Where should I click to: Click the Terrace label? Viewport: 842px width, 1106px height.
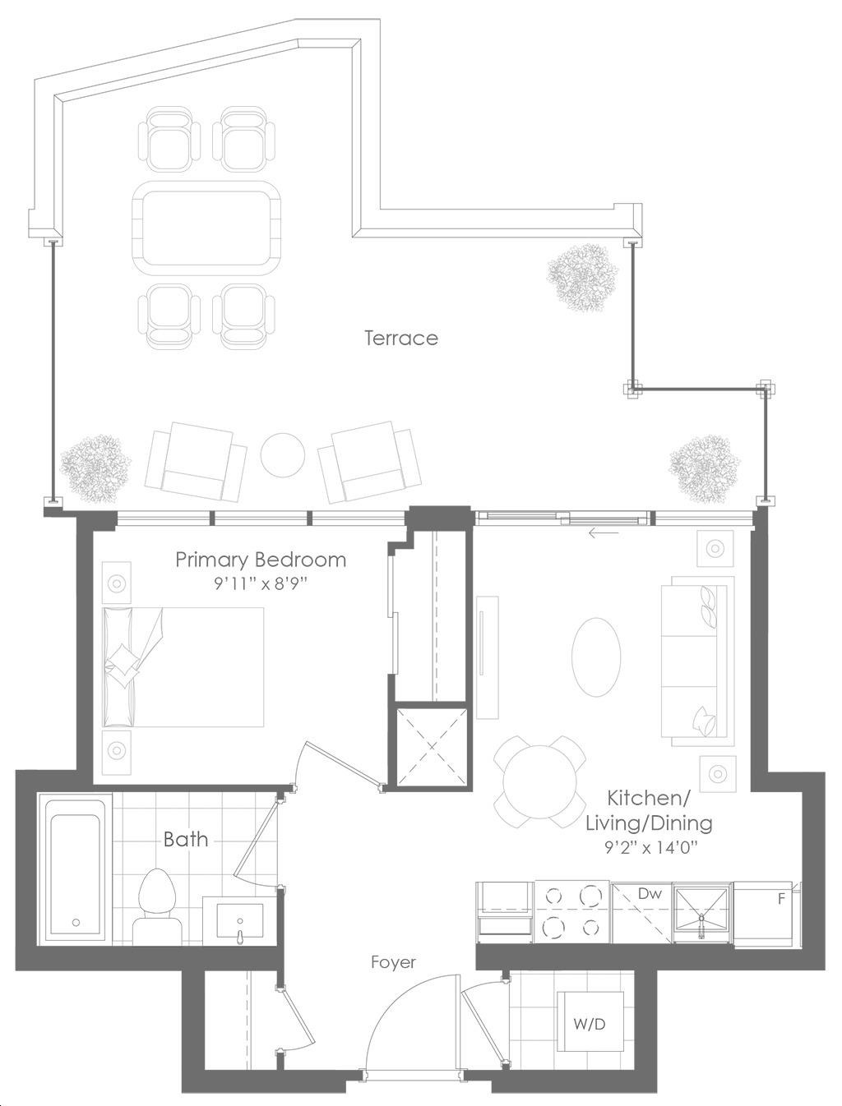tap(400, 338)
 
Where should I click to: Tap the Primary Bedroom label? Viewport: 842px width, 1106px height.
tap(261, 560)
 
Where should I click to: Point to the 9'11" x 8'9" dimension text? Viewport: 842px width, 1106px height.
tap(261, 584)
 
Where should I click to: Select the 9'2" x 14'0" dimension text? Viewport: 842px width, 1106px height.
tap(650, 849)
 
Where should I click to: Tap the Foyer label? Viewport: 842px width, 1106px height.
tap(393, 962)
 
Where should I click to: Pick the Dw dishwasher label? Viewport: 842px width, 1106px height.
tap(650, 894)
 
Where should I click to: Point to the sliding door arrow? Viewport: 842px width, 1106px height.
tap(604, 532)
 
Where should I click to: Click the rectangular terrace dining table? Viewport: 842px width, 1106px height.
tap(206, 228)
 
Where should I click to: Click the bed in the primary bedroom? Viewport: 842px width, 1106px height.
tap(183, 667)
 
